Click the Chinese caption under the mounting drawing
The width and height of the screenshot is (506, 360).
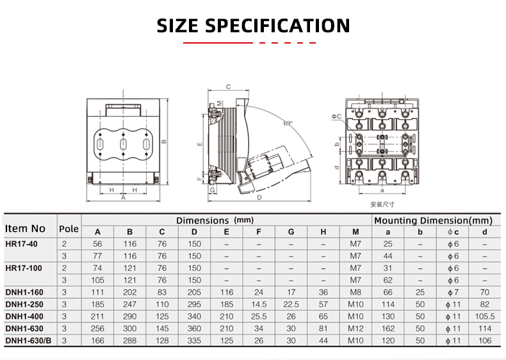[382, 204]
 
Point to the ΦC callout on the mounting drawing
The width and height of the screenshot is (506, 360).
[336, 117]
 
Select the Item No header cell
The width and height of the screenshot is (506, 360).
[26, 228]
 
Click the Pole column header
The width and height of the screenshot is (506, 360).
[69, 229]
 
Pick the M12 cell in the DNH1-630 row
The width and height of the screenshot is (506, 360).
[355, 328]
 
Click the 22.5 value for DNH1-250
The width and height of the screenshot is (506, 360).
[291, 304]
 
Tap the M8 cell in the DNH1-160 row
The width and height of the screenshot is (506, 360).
[355, 292]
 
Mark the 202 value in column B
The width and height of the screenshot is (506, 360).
[130, 292]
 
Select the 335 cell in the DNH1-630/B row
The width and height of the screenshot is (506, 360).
[194, 340]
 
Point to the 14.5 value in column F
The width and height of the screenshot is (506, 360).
[259, 304]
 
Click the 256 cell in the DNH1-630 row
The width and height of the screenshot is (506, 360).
[97, 328]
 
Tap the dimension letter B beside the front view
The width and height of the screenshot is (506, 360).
[164, 142]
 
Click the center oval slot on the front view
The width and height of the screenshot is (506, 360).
[122, 145]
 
